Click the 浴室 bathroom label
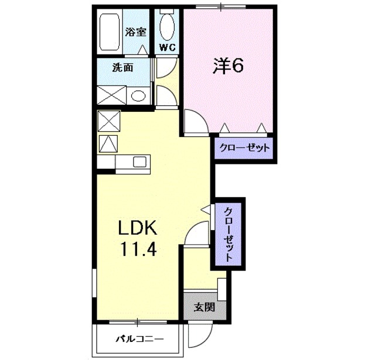click(137, 33)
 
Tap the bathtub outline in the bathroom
click(110, 32)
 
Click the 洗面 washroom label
click(123, 67)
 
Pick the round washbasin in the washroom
click(138, 95)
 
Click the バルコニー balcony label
click(139, 338)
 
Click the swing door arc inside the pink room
click(195, 122)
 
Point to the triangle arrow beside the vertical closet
click(205, 208)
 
